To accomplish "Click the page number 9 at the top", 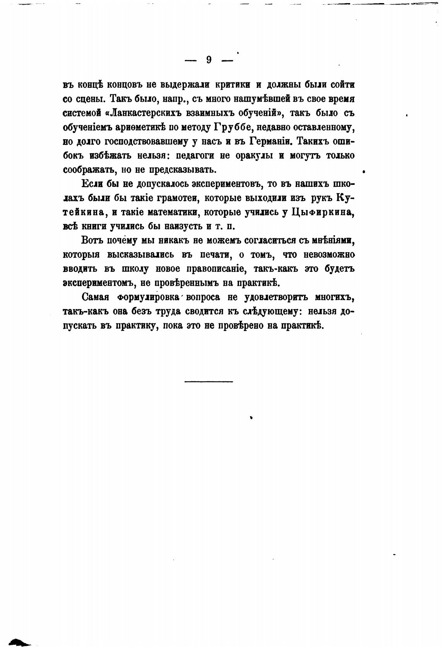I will (x=209, y=60).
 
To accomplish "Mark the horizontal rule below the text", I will (x=209, y=382).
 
